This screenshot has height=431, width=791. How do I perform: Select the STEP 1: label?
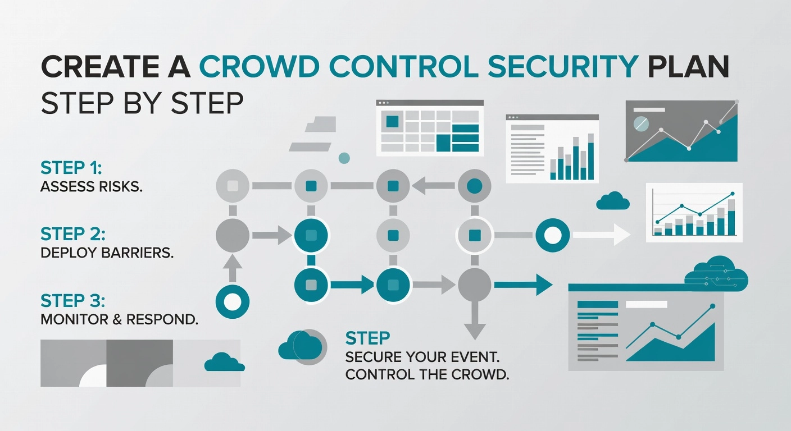coord(70,167)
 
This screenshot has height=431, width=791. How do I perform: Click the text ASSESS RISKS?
coord(92,186)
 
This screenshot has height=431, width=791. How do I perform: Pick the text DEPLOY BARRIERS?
coord(107,253)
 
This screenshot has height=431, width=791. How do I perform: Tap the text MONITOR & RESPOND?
coord(119,320)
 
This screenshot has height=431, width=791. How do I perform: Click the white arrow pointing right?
coord(601,235)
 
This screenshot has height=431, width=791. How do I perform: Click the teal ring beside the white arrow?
coord(553,235)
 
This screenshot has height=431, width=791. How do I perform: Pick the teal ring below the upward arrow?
coord(232,302)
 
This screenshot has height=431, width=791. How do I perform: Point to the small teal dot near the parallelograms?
coord(344,158)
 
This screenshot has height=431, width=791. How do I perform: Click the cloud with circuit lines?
coord(717,274)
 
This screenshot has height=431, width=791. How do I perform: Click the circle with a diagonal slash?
coord(641,123)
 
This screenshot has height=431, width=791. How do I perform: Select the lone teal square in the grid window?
coord(392,121)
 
